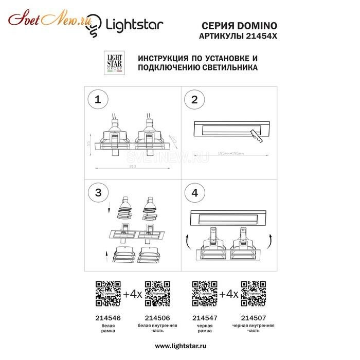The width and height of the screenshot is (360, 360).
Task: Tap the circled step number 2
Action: [x=194, y=99]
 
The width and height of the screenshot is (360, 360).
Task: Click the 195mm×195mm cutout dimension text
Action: [x=230, y=153]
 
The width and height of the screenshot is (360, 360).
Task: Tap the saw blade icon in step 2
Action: [x=254, y=136]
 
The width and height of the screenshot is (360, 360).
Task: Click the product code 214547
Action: [x=205, y=318]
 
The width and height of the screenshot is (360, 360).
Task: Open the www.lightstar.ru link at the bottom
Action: [x=180, y=346]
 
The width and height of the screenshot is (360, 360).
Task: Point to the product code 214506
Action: [x=157, y=318]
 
